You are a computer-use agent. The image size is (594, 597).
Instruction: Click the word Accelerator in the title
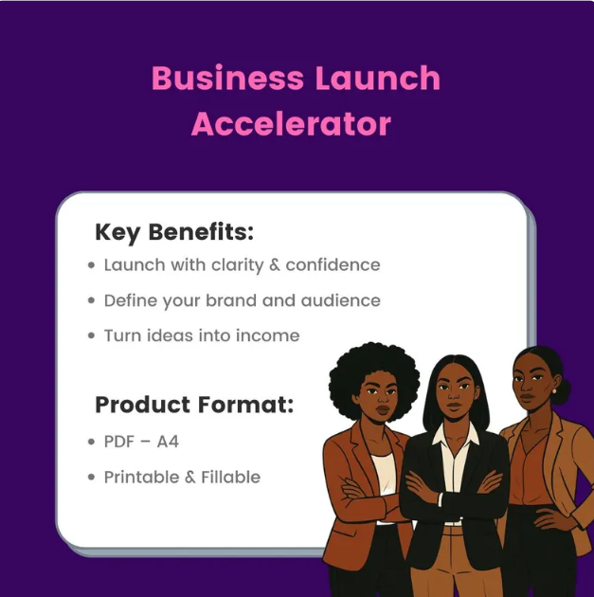point(291,124)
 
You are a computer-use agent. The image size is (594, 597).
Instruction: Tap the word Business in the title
point(227,78)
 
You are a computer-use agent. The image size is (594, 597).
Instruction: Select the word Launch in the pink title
point(378,78)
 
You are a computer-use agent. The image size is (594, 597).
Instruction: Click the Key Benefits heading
point(174,232)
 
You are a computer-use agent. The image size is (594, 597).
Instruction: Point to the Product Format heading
point(194,405)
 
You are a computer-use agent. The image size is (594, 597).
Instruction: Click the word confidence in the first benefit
point(333,265)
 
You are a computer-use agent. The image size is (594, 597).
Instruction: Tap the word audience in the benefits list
point(340,300)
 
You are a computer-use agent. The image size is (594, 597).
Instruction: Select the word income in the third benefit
point(267,335)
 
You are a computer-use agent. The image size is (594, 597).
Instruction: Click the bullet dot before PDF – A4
point(91,442)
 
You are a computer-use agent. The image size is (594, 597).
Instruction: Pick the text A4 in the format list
point(168,442)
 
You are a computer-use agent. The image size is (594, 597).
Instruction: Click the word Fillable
point(230,477)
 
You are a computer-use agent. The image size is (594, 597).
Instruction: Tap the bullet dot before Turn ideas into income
point(91,335)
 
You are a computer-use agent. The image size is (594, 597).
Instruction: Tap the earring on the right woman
point(554,391)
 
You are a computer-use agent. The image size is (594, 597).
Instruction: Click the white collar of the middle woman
point(456,436)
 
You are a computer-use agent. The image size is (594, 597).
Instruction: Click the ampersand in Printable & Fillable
point(190,477)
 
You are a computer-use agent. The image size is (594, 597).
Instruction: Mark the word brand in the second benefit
point(231,300)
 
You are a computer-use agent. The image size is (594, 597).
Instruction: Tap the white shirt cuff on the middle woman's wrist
point(441,499)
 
